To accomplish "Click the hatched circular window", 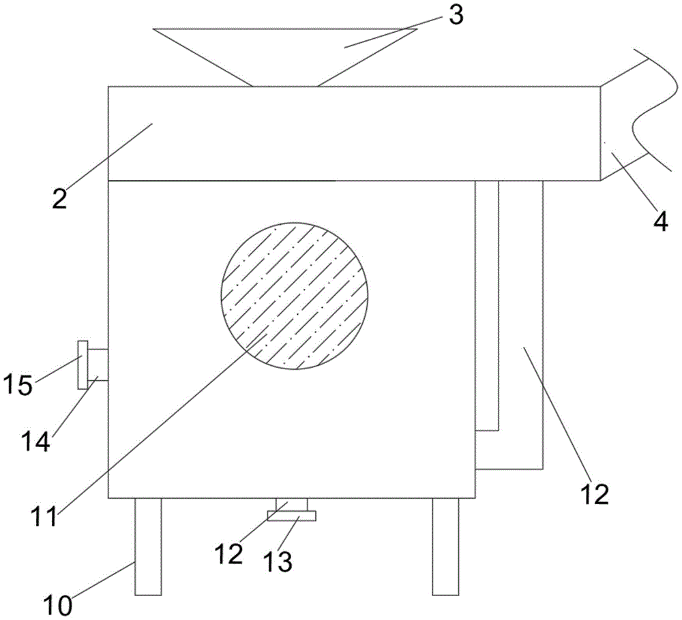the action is [x=295, y=295].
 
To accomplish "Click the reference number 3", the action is [x=456, y=16].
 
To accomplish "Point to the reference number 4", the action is [x=659, y=221].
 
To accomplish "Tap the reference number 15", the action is [x=19, y=386].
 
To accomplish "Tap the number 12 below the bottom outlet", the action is [x=228, y=554].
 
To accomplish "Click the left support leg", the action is [x=148, y=546].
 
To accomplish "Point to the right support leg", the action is [x=445, y=546].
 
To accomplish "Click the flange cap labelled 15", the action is [x=83, y=365].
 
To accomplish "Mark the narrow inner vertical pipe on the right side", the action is [x=487, y=307].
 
